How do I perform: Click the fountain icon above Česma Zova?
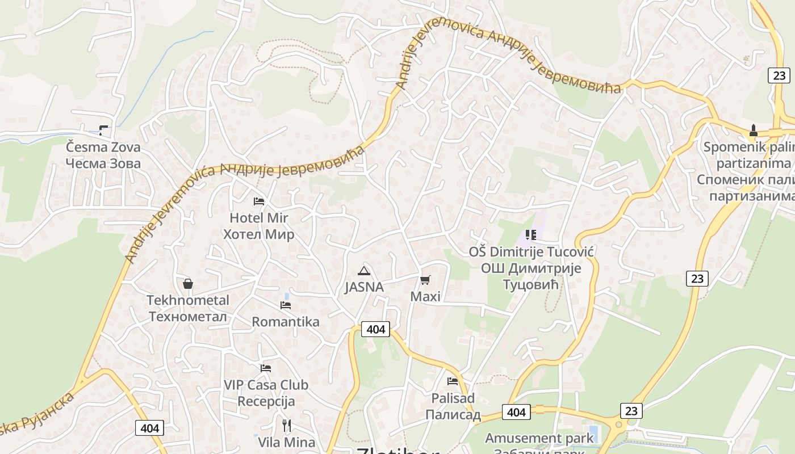click(103, 131)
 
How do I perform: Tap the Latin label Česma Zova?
click(103, 148)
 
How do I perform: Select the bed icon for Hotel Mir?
click(259, 201)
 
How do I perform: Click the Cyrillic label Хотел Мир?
click(258, 234)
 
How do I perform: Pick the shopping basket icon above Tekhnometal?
click(188, 284)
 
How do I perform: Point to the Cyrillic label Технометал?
click(188, 317)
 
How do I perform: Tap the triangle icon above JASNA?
click(364, 271)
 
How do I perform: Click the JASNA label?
click(364, 287)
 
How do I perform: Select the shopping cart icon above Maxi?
click(425, 280)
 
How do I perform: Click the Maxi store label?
click(425, 296)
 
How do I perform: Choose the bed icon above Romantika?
click(286, 305)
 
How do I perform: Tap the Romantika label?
click(286, 322)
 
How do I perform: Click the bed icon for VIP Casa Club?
click(266, 368)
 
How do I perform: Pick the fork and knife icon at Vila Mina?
click(287, 426)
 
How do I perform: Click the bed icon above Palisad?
click(453, 381)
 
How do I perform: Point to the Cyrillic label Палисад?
click(453, 414)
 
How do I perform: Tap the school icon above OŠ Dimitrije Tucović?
click(531, 234)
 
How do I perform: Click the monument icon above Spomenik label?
click(754, 131)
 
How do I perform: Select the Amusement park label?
click(539, 438)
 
